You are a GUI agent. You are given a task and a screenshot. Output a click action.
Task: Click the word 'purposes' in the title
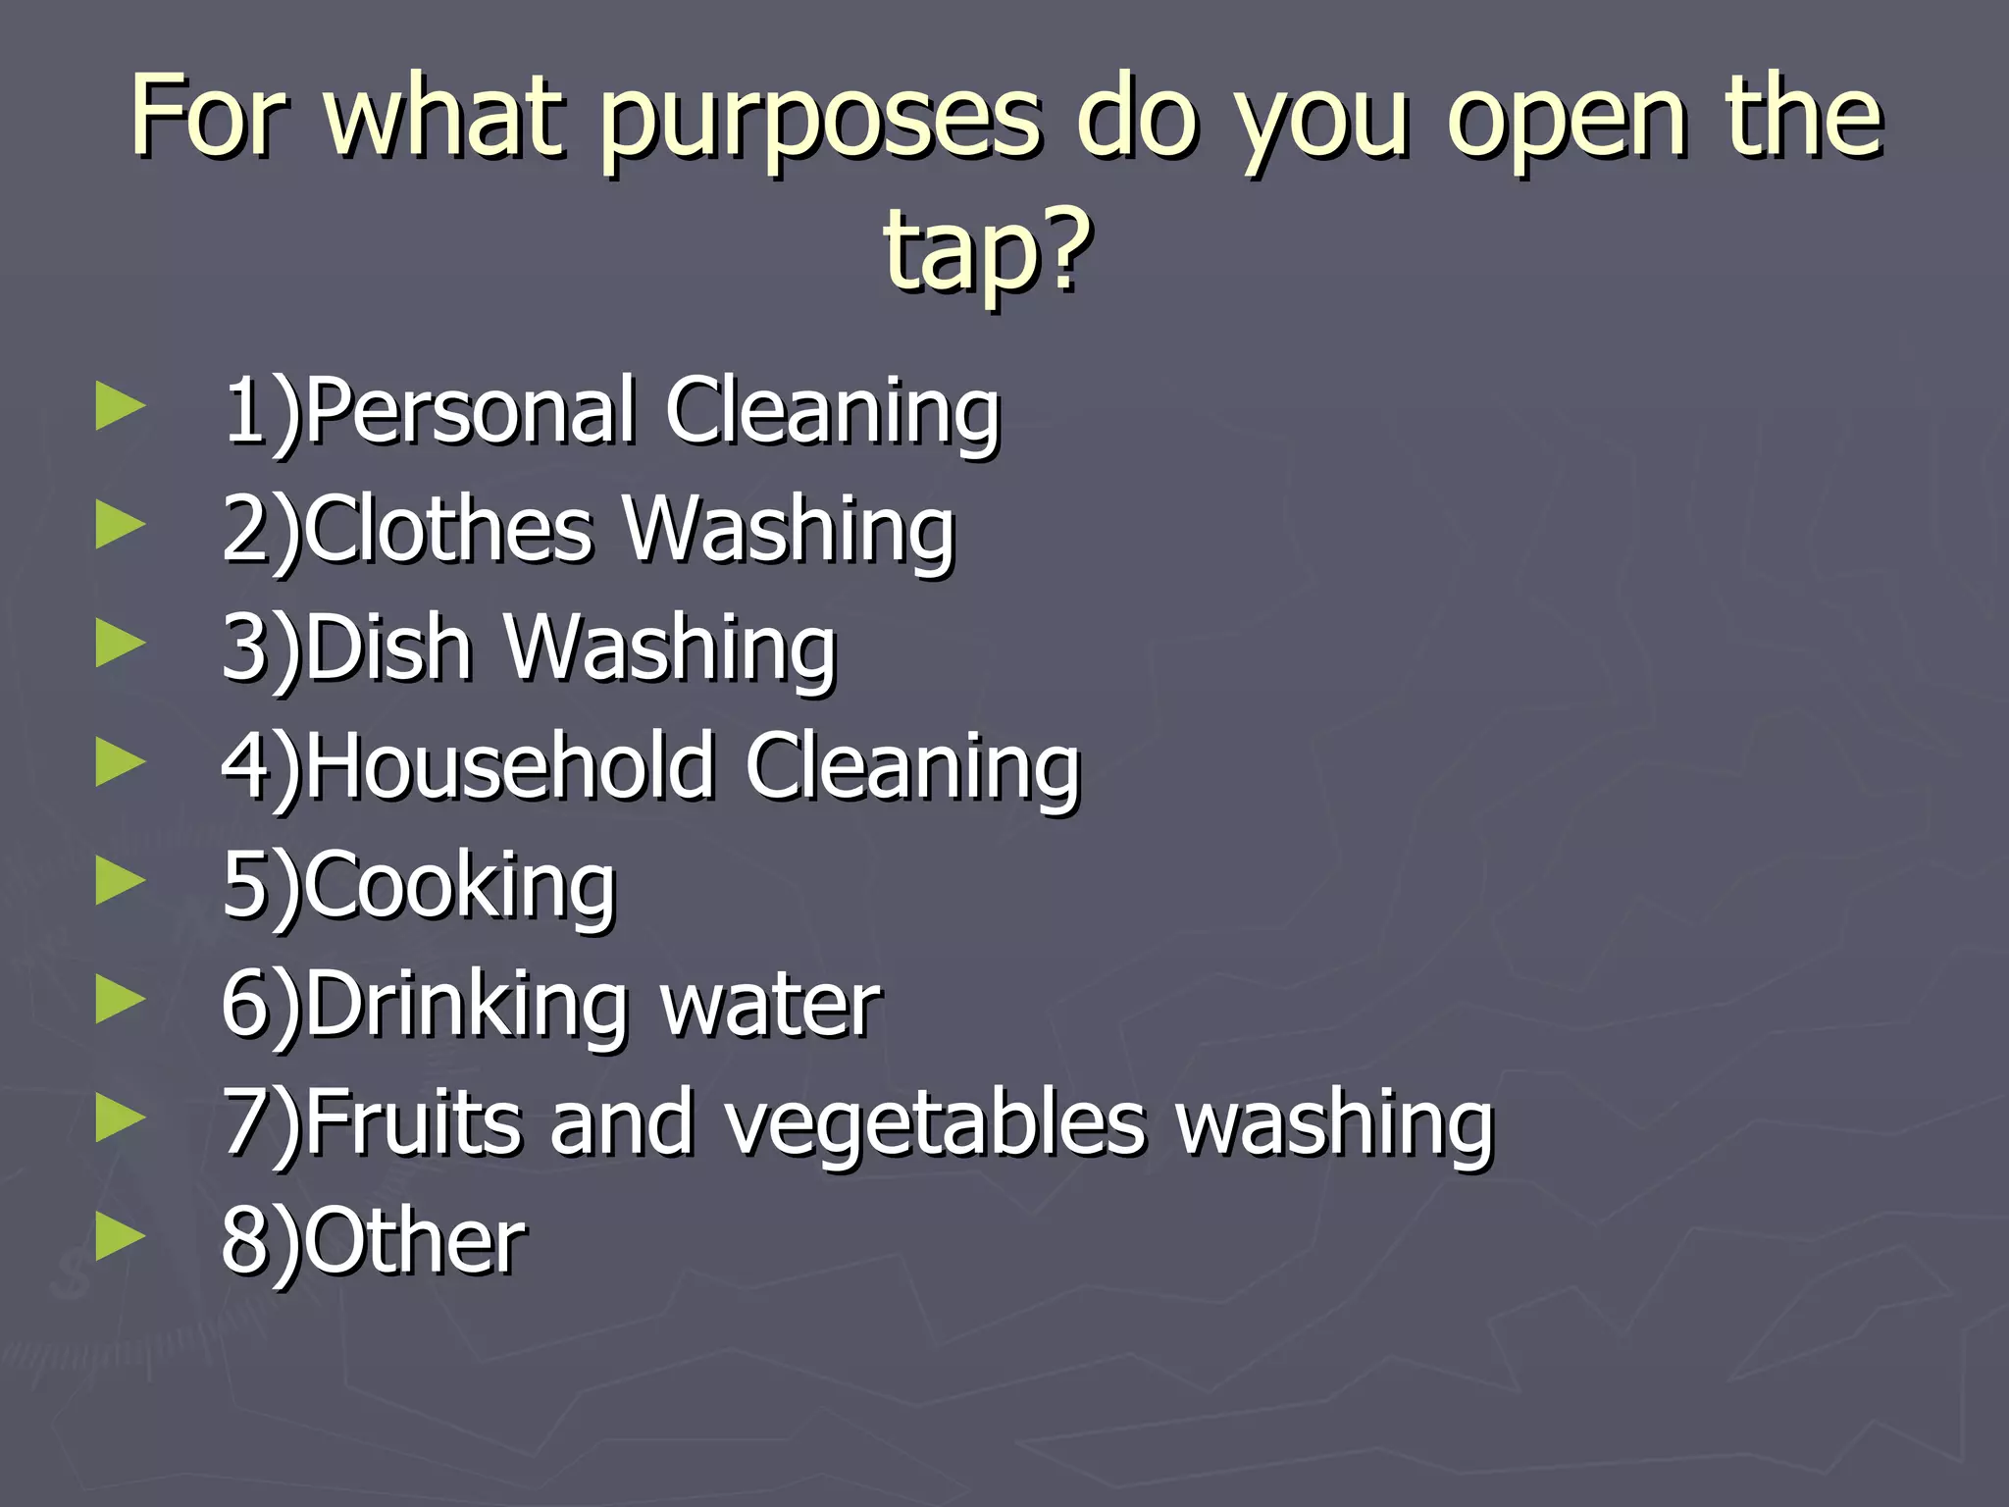(819, 123)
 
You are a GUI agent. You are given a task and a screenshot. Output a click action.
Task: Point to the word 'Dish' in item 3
(388, 649)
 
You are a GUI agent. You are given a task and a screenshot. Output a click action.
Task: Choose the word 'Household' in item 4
(509, 767)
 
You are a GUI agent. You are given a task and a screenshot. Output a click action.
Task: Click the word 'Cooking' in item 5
(460, 886)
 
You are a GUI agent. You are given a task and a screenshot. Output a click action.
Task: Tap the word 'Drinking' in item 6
(466, 1006)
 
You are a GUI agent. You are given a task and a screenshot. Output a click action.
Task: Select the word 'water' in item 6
(771, 1006)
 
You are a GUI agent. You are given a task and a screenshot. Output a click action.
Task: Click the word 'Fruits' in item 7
(412, 1123)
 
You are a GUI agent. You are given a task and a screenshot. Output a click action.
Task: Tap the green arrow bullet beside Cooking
(121, 881)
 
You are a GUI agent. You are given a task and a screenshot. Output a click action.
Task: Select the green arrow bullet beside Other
(121, 1237)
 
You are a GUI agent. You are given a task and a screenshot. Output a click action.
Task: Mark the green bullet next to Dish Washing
(121, 645)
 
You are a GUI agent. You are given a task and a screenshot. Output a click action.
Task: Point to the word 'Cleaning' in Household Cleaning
(912, 767)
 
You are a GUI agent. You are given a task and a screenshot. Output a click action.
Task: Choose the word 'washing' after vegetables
(1334, 1123)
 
